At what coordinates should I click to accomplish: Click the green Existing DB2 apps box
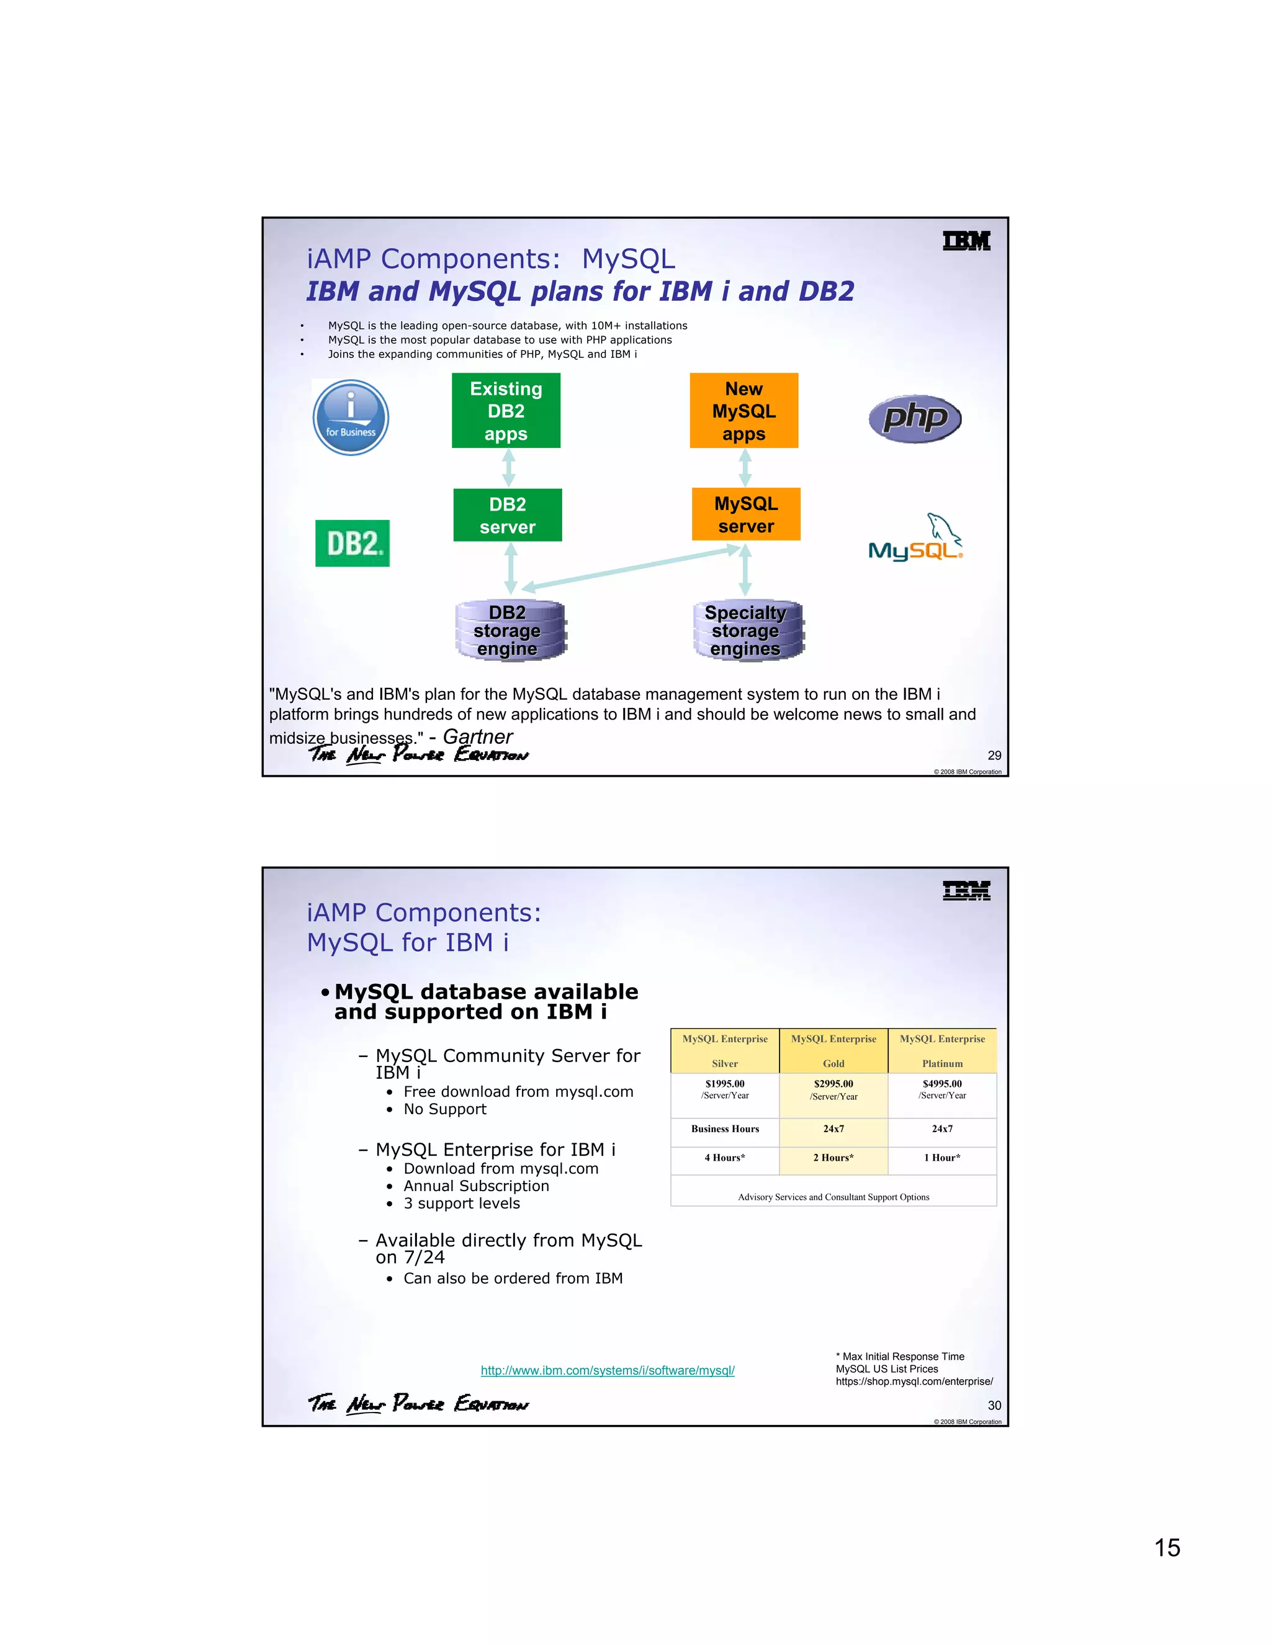pos(506,410)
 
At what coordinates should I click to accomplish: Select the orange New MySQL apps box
pos(744,410)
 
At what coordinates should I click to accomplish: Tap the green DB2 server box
pos(508,515)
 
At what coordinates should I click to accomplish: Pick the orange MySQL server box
pos(745,514)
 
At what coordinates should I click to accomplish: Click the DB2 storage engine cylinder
pos(510,631)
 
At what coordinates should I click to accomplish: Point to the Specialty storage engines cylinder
pos(748,631)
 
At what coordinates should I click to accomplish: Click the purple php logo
pos(915,419)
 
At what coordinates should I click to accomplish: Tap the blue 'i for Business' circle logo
pos(351,417)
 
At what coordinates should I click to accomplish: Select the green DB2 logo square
pos(353,543)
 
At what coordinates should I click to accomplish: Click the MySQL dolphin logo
pos(917,539)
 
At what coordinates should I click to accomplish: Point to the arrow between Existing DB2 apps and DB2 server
pos(509,468)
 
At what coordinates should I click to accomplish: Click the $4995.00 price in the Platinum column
pos(942,1084)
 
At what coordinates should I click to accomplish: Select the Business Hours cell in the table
pos(725,1129)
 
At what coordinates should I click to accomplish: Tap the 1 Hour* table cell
pos(942,1158)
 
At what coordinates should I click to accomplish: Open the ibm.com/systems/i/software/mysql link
pos(608,1371)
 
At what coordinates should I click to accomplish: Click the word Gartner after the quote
pos(477,737)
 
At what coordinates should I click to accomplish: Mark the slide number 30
pos(994,1405)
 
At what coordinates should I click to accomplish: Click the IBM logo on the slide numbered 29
pos(966,241)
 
